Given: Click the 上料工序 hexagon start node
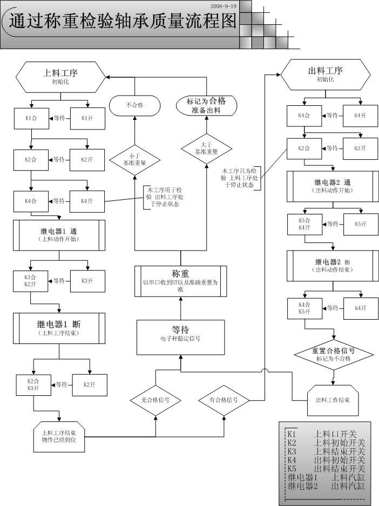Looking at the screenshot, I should (x=60, y=77).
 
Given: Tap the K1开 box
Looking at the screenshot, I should (x=87, y=118).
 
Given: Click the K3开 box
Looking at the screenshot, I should (x=87, y=280).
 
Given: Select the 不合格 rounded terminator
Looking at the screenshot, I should (x=134, y=105).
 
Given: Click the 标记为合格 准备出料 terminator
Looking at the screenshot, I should (x=207, y=105).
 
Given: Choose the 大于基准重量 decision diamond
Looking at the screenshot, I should (x=207, y=148).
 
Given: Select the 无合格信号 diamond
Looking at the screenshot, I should (x=155, y=400).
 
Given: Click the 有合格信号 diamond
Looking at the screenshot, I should (x=224, y=400).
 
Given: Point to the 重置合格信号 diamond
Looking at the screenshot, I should (x=334, y=354).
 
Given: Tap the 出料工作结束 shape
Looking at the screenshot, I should (x=333, y=400).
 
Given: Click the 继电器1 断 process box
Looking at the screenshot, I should (x=59, y=328).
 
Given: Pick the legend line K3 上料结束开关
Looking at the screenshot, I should (x=326, y=451).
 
